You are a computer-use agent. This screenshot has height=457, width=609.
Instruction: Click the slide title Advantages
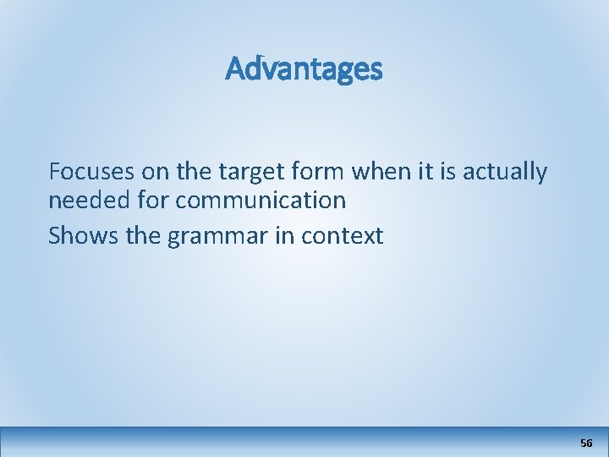coord(304,69)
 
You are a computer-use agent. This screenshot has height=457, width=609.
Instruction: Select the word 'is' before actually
coord(447,172)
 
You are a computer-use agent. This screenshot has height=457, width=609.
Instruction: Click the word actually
coord(505,173)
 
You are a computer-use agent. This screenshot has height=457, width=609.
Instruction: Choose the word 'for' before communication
coord(150,201)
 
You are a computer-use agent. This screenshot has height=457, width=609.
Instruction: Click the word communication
coord(259,201)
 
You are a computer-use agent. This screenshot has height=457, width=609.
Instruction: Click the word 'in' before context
coord(285,235)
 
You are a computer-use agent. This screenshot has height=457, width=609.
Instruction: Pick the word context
coord(343,236)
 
